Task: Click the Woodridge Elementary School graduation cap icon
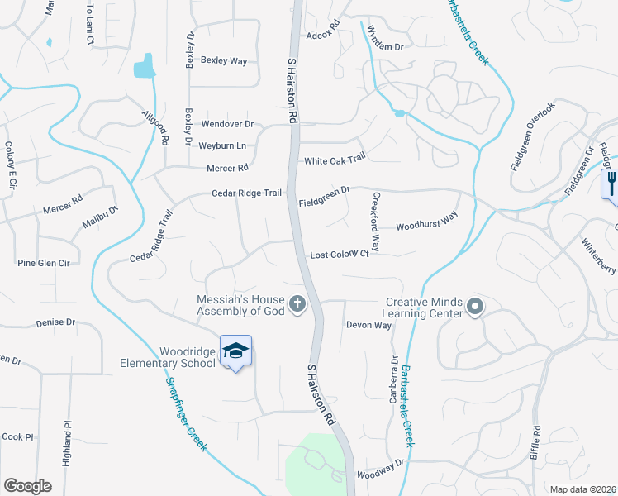pos(235,351)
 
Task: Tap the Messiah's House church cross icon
pos(298,306)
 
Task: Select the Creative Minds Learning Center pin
pos(475,308)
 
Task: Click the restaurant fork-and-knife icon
pos(610,181)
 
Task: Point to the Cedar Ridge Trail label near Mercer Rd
pos(247,193)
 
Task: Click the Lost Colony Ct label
pos(339,255)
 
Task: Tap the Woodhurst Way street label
pos(426,225)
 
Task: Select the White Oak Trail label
pos(335,160)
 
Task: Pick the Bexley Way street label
pos(224,60)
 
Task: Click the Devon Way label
pos(368,325)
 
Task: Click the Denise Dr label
pos(55,322)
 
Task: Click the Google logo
pos(27,486)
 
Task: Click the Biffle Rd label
pos(536,441)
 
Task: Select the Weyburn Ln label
pos(222,145)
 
